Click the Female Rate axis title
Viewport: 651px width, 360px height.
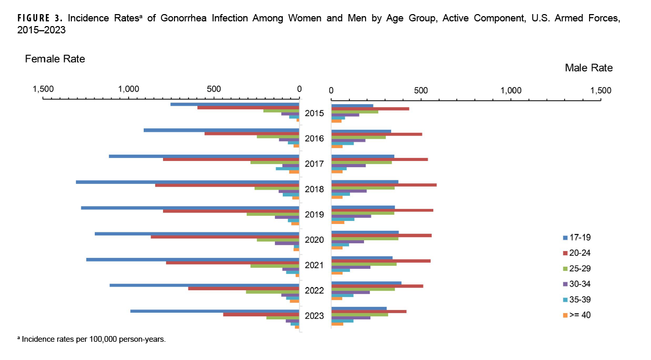(55, 59)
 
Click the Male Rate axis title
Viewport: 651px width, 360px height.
(589, 68)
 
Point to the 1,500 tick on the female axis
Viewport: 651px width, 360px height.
(43, 89)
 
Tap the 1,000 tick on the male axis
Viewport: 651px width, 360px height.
(511, 90)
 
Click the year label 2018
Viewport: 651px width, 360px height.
(315, 189)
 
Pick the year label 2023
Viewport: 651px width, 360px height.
(315, 316)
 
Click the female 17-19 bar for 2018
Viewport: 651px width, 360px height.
(187, 182)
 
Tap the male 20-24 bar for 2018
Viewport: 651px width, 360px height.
(384, 185)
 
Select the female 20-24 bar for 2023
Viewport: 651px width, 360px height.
(261, 315)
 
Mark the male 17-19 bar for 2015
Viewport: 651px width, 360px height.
(352, 106)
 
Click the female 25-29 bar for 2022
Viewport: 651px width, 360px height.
(272, 292)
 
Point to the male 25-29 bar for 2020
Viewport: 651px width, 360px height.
(365, 239)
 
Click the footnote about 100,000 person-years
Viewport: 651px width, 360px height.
(92, 339)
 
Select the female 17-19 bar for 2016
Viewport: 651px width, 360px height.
(221, 130)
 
